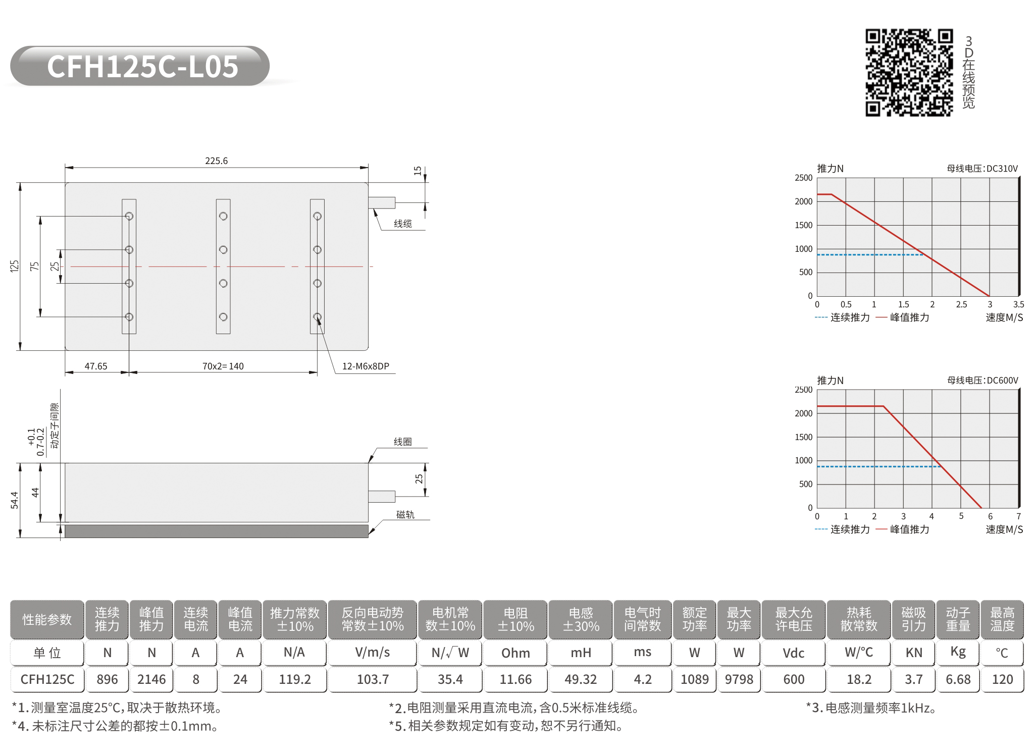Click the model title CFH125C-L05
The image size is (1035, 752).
pyautogui.click(x=142, y=67)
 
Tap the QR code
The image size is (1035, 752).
pyautogui.click(x=909, y=73)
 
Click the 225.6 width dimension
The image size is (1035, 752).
pyautogui.click(x=216, y=161)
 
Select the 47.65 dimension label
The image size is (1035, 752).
pyautogui.click(x=96, y=366)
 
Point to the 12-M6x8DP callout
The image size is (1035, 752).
pyautogui.click(x=366, y=366)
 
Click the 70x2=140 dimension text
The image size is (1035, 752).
pyautogui.click(x=223, y=366)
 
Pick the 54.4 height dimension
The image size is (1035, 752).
pyautogui.click(x=14, y=500)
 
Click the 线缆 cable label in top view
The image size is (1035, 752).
pyautogui.click(x=403, y=224)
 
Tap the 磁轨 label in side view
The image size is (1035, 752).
pyautogui.click(x=405, y=514)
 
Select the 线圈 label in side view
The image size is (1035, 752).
pyautogui.click(x=403, y=442)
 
